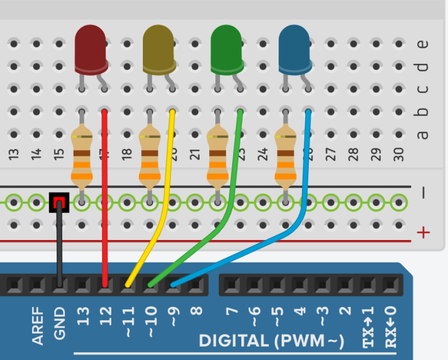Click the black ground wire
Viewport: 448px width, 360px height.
(x=59, y=247)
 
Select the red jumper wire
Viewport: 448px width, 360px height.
(x=105, y=199)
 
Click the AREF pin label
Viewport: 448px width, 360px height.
(x=39, y=326)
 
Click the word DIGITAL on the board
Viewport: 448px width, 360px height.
(x=232, y=341)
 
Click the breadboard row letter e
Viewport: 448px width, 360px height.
(x=423, y=43)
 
